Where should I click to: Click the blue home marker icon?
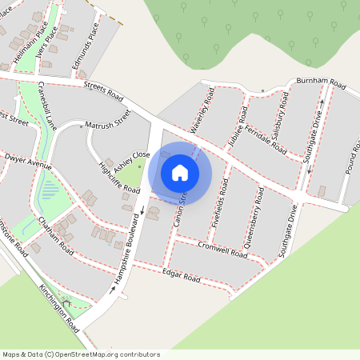click(x=180, y=172)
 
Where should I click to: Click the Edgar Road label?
click(x=180, y=277)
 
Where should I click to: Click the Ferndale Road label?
click(x=267, y=138)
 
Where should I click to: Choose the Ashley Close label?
click(x=130, y=160)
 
